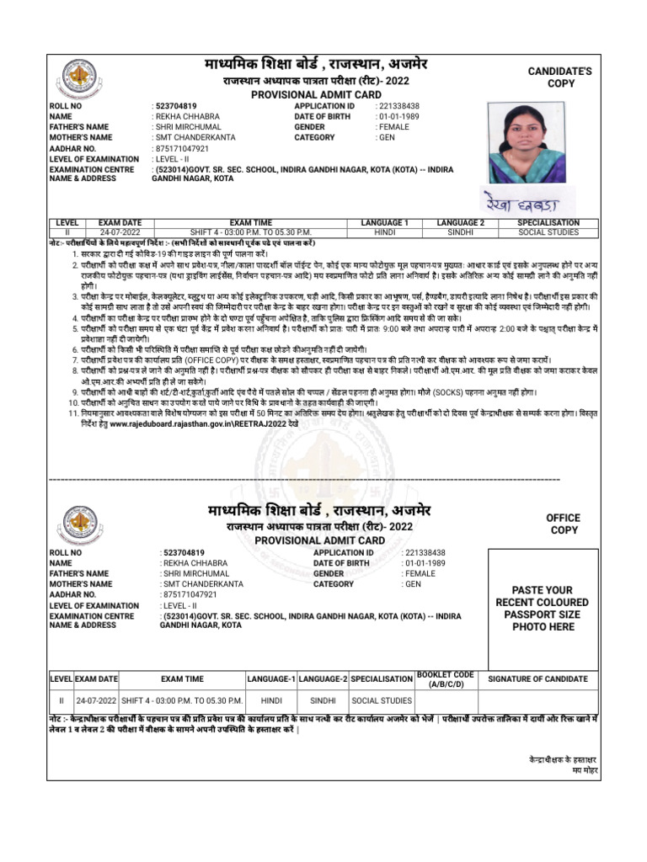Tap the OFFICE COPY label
pos(564,524)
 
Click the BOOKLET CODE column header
pos(446,678)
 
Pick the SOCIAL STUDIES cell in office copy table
pos(382,700)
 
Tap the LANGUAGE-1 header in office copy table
pos(270,678)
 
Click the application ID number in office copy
pos(425,553)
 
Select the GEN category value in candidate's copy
pos(387,137)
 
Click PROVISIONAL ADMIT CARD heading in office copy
pos(317,540)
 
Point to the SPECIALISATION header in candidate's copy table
pos(548,222)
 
